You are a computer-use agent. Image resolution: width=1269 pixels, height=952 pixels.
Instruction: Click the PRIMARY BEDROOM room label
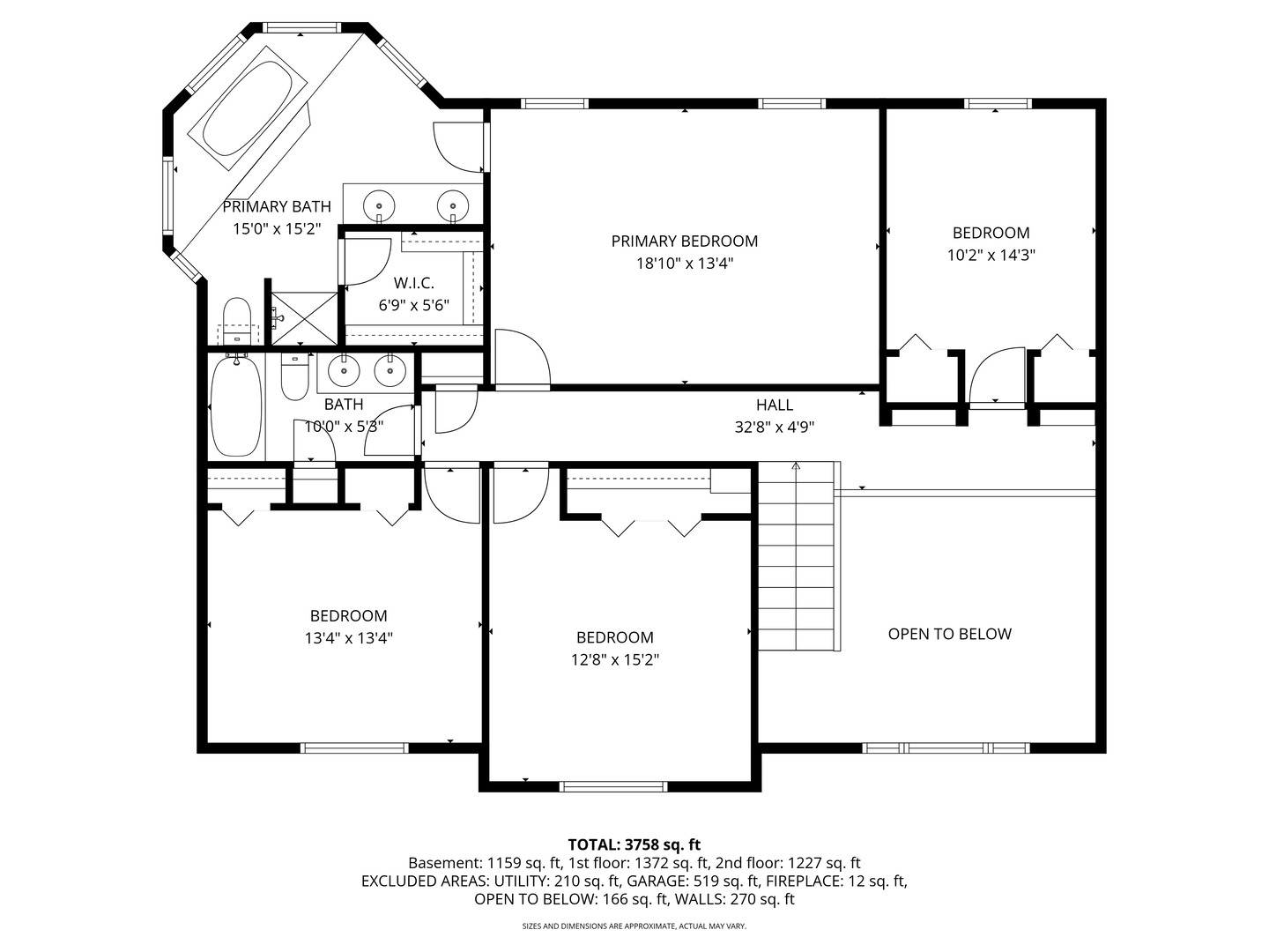684,241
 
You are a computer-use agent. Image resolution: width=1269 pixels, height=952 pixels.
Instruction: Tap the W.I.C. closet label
413,283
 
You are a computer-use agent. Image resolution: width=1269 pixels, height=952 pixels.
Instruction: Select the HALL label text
774,405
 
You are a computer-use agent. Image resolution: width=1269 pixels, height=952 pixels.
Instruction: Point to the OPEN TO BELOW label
949,634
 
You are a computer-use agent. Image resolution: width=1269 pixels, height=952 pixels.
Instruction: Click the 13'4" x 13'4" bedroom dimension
348,638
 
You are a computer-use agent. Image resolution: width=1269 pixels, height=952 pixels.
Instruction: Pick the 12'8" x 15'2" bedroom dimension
615,659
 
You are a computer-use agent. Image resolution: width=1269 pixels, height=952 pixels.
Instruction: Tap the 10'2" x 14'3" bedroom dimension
991,256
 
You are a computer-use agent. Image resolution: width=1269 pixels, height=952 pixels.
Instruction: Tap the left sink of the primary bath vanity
380,203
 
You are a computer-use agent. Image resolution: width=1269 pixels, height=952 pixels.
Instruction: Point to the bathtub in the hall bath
236,405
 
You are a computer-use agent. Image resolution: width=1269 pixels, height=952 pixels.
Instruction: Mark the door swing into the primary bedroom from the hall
523,360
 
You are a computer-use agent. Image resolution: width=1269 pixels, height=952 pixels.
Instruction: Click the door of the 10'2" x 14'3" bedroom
997,377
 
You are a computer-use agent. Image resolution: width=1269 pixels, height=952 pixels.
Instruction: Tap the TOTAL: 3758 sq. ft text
634,844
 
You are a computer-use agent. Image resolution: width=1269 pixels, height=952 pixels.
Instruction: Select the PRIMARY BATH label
277,207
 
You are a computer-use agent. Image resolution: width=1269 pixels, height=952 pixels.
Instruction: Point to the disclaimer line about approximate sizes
634,926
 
